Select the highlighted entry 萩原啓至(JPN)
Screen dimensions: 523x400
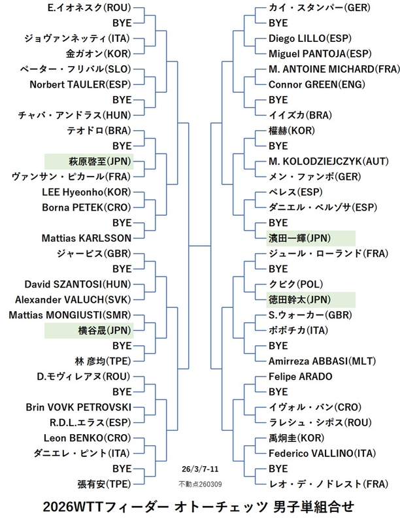click(89, 161)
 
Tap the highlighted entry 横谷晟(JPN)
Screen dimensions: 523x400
click(89, 329)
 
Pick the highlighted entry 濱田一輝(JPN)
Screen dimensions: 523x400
click(301, 238)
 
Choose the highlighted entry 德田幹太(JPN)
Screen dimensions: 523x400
click(301, 299)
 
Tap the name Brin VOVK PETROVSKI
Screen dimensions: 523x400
click(78, 407)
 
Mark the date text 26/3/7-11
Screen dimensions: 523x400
click(200, 469)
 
